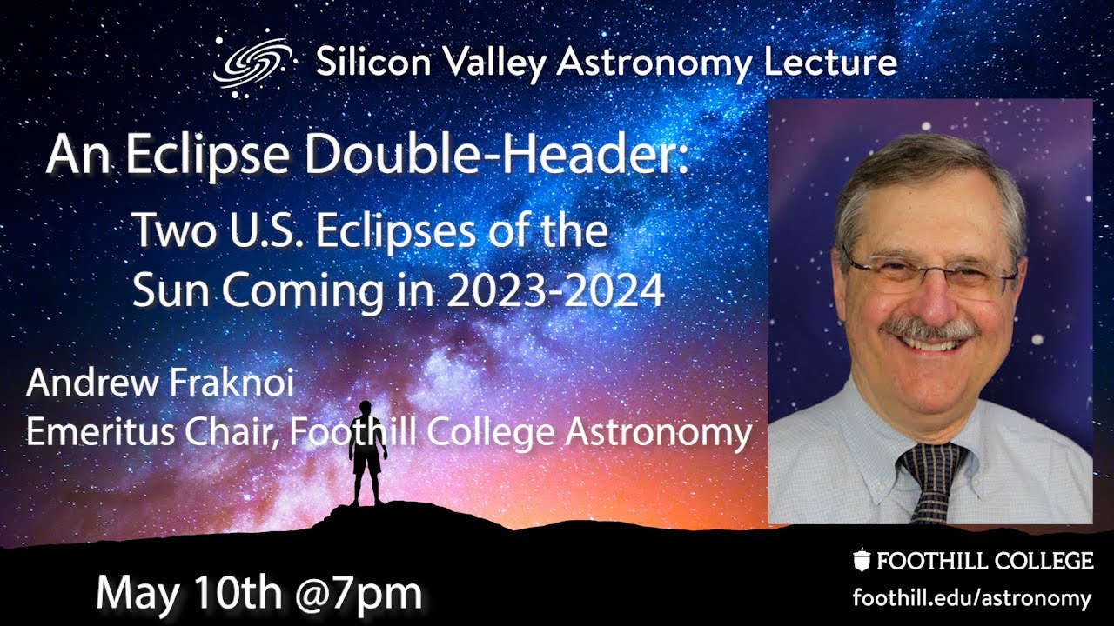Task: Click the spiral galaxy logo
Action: click(252, 63)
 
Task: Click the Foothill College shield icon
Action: click(862, 561)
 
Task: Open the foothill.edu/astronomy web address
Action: click(971, 598)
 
